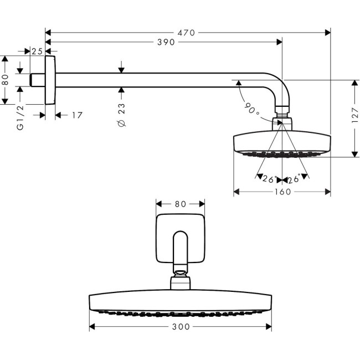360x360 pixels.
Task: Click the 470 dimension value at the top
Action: coord(187,33)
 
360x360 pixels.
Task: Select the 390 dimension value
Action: coord(165,43)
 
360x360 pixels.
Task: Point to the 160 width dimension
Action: coord(282,192)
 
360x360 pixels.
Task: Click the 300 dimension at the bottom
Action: coord(181,327)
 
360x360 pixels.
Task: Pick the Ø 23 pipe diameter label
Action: coord(122,115)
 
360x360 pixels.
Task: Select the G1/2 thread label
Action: coord(20,117)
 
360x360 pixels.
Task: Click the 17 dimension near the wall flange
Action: coord(76,115)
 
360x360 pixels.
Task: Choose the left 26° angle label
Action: coord(270,178)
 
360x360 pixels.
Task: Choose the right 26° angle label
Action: coord(294,178)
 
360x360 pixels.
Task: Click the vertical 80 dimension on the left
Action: coord(6,79)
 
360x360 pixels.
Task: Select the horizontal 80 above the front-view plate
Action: coord(180,204)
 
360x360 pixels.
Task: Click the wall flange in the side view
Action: coord(51,79)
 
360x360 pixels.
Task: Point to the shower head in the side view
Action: coord(282,142)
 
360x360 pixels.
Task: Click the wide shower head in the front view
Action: coord(180,302)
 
